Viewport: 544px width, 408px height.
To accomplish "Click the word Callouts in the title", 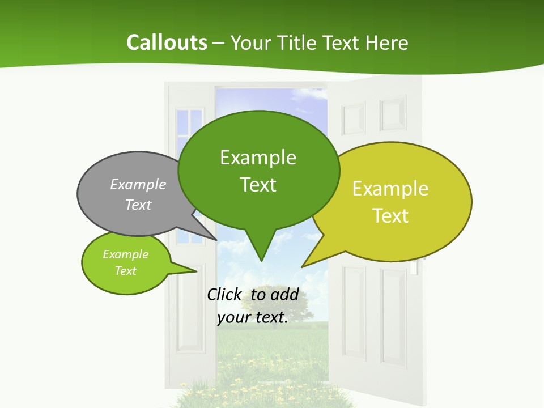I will [x=167, y=42].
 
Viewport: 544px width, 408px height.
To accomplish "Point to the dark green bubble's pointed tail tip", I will [x=261, y=260].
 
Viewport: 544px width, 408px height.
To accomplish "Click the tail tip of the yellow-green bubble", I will [x=303, y=266].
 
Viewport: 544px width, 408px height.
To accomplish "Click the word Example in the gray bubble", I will [x=138, y=184].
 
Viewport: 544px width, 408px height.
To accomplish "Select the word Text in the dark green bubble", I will [x=258, y=184].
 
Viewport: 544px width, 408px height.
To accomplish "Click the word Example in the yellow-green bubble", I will [x=390, y=189].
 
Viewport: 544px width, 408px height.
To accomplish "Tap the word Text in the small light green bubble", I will [x=125, y=271].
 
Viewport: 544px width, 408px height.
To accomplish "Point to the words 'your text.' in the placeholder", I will [x=253, y=317].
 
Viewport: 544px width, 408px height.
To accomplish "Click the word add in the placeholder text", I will [x=284, y=294].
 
